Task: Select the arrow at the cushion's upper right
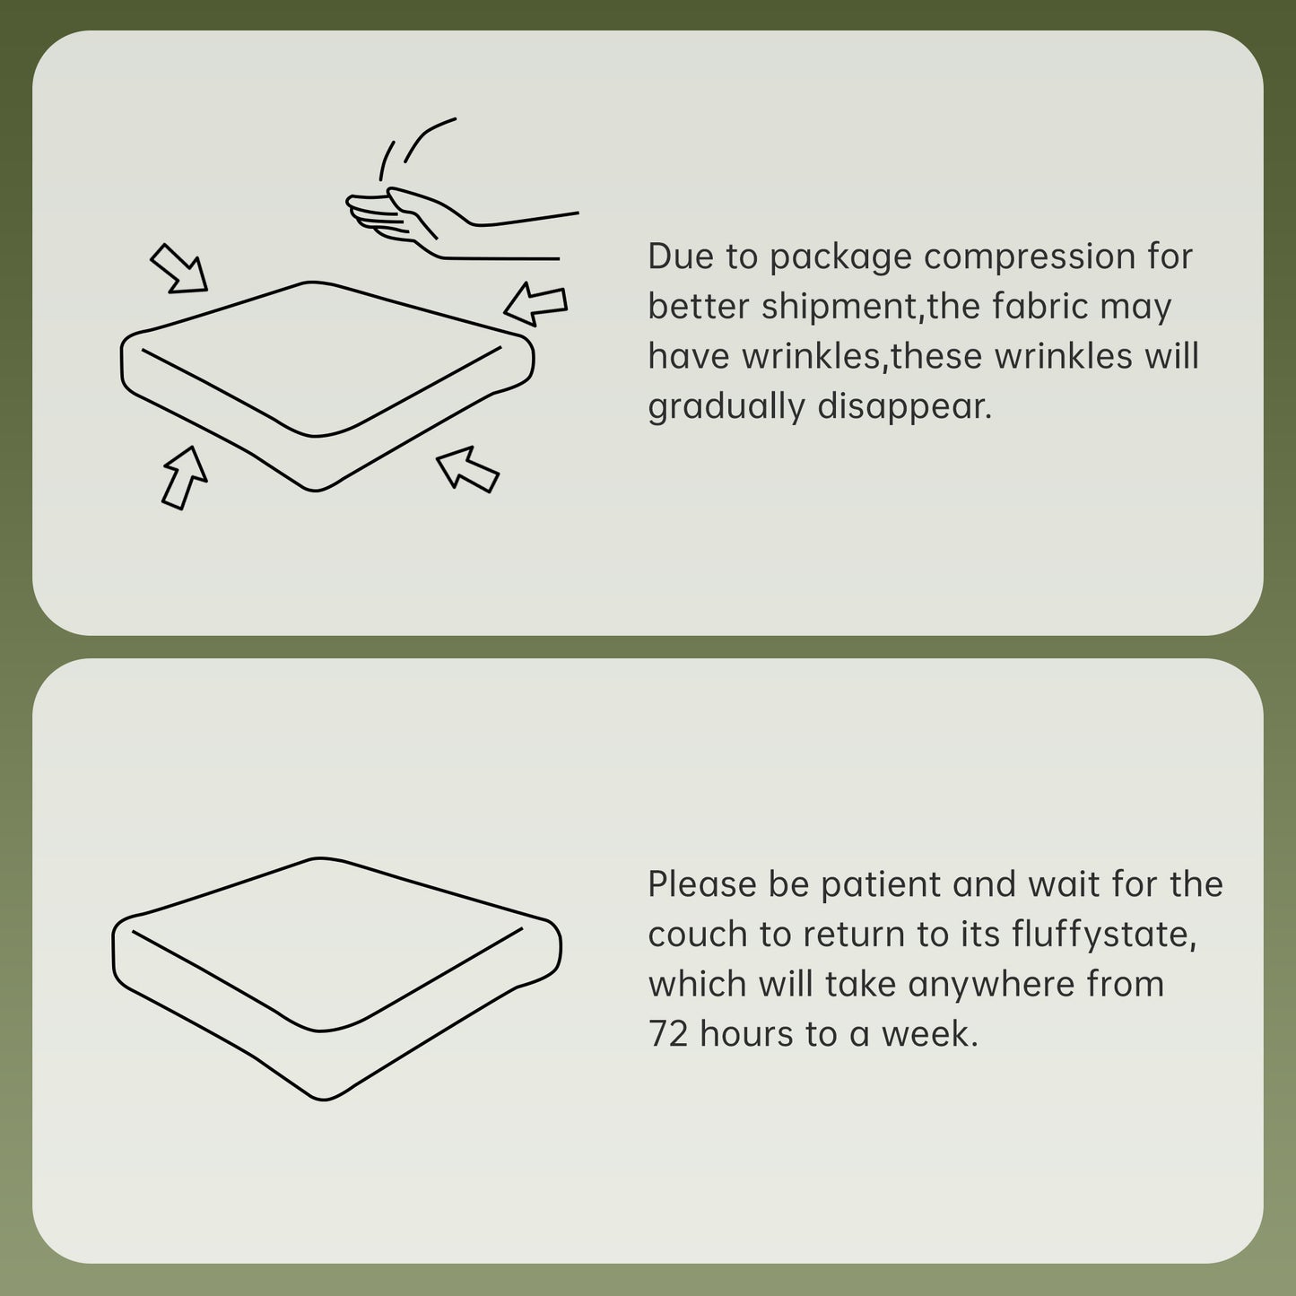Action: [x=536, y=304]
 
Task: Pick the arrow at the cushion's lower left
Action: [x=184, y=477]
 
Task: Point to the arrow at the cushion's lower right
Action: [x=468, y=469]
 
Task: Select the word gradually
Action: [x=726, y=407]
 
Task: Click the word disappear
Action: [x=905, y=407]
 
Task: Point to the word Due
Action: [x=681, y=257]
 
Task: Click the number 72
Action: [x=668, y=1034]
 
